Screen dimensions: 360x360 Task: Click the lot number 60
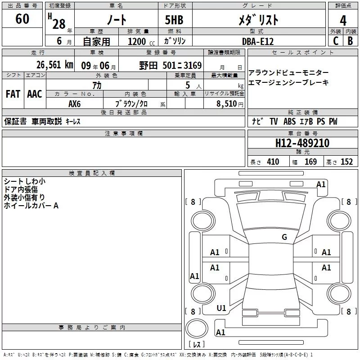pyautogui.click(x=22, y=19)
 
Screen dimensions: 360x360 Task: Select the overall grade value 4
pyautogui.click(x=343, y=20)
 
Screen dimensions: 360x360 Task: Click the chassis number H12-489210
pyautogui.click(x=302, y=143)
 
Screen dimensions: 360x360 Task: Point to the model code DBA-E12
pyautogui.click(x=257, y=41)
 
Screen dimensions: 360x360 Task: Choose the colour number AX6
pyautogui.click(x=75, y=103)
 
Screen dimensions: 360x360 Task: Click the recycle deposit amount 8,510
pyautogui.click(x=224, y=103)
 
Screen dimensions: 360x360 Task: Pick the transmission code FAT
pyautogui.click(x=13, y=94)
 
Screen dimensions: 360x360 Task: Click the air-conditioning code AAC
pyautogui.click(x=35, y=94)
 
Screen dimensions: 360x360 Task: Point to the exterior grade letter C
pyautogui.click(x=336, y=41)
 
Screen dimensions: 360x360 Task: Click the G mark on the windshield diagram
pyautogui.click(x=284, y=237)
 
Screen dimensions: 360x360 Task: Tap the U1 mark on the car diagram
pyautogui.click(x=221, y=308)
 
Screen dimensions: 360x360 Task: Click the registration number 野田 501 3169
pyautogui.click(x=170, y=65)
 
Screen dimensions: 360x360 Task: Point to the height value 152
pyautogui.click(x=346, y=162)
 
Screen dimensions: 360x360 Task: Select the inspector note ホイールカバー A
pyautogui.click(x=31, y=206)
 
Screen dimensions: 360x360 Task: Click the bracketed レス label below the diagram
pyautogui.click(x=197, y=345)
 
